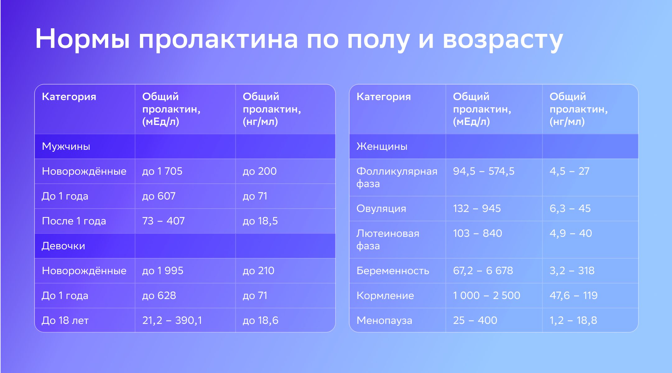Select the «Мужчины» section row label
(x=66, y=146)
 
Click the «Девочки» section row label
(x=63, y=246)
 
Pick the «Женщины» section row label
(x=382, y=146)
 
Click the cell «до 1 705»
(x=162, y=171)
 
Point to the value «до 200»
(x=260, y=171)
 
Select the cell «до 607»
(x=159, y=196)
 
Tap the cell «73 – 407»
(x=164, y=221)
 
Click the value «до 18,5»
(x=260, y=221)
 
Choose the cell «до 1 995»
(x=163, y=270)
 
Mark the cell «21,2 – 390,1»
(x=172, y=320)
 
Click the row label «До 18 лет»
(x=65, y=320)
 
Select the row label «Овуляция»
(x=381, y=209)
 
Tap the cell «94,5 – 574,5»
(x=484, y=171)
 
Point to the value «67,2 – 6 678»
(x=483, y=271)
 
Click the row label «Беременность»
(x=393, y=270)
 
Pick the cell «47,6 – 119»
(x=573, y=296)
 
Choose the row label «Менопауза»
(x=384, y=320)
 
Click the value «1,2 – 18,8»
(x=573, y=320)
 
